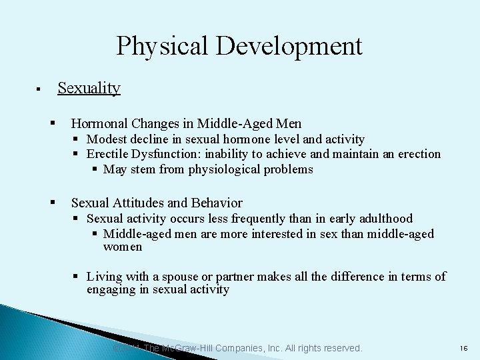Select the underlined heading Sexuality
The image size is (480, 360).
tap(89, 88)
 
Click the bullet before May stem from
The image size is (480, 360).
tap(96, 169)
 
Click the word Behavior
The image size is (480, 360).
tap(217, 203)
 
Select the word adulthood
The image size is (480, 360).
tap(383, 219)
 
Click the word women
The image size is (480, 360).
tap(123, 247)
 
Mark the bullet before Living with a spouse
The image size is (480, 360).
tap(77, 276)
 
